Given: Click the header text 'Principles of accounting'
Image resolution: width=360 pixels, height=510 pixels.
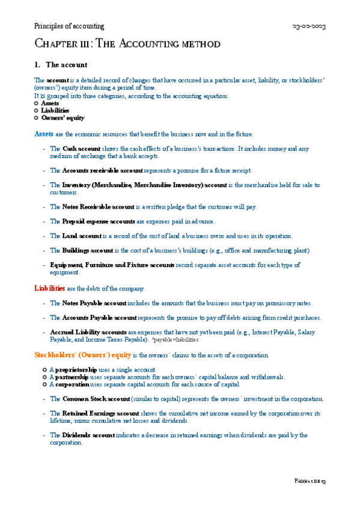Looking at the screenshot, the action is pos(69,26).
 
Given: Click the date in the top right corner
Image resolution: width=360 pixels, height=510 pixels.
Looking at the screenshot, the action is pos(309,26).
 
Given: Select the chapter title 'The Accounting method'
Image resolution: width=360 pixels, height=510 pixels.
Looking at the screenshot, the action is pos(127,44).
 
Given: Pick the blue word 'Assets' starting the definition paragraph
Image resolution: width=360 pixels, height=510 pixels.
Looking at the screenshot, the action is pos(44,134).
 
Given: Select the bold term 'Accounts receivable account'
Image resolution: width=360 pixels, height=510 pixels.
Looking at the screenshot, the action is pos(102,171).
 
